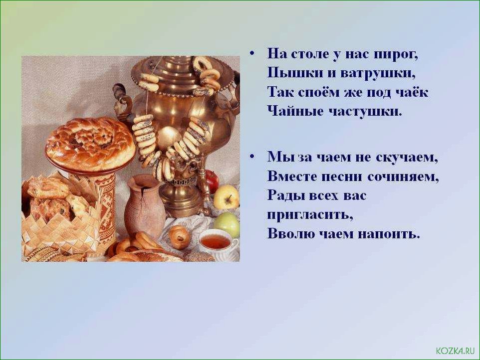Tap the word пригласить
pos(310,215)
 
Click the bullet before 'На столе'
pos(251,53)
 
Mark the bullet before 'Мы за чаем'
pos(251,156)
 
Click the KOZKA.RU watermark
pos(455,351)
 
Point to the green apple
pos(227,224)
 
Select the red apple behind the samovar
pos(212,179)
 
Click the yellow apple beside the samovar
pos(226,197)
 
